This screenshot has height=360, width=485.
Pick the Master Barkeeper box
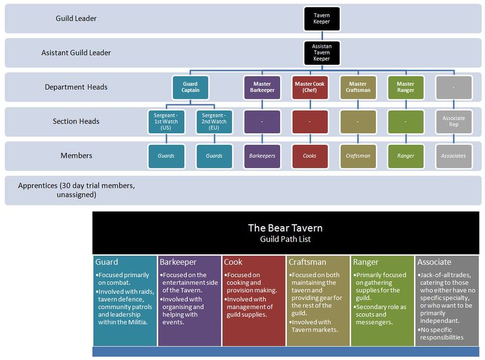coord(262,87)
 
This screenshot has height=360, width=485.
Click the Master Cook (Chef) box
coord(310,87)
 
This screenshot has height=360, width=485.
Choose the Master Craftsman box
coord(358,87)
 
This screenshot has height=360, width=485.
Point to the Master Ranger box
coord(406,87)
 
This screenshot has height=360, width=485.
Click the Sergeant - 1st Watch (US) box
coord(166,121)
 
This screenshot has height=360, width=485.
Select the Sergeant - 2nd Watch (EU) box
coord(214,121)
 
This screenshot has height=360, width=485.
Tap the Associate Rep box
coord(453,121)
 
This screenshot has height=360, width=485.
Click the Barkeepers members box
coord(262,156)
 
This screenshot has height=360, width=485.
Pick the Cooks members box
coord(310,156)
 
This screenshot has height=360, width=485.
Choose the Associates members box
coord(453,156)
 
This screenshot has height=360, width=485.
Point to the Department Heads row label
coord(76,87)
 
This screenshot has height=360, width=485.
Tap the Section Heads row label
coord(76,121)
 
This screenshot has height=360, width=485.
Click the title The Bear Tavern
coord(285,228)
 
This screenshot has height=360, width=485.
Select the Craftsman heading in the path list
coord(308,262)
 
